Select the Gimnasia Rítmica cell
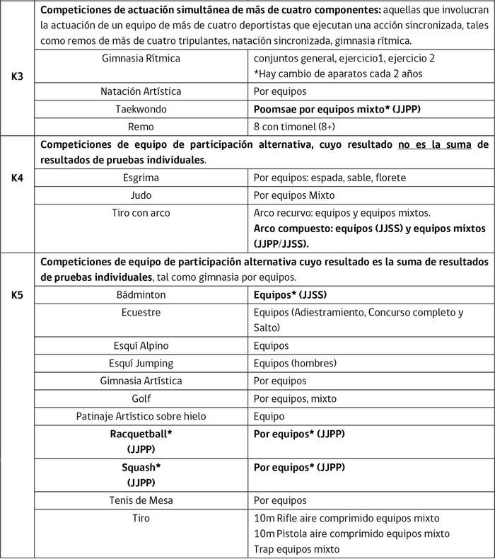coord(141,58)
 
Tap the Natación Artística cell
coord(141,91)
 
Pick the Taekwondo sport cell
coord(141,109)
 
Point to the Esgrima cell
coord(141,177)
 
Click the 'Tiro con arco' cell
coord(141,212)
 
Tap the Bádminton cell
coord(141,293)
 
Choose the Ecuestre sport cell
coord(141,311)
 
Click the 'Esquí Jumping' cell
coord(141,363)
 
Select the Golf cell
coord(141,398)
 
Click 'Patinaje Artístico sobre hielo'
coord(141,416)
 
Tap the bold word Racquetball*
coord(141,433)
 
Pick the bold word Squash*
coord(141,467)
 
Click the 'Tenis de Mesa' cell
coord(141,500)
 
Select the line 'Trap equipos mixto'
coord(296,548)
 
